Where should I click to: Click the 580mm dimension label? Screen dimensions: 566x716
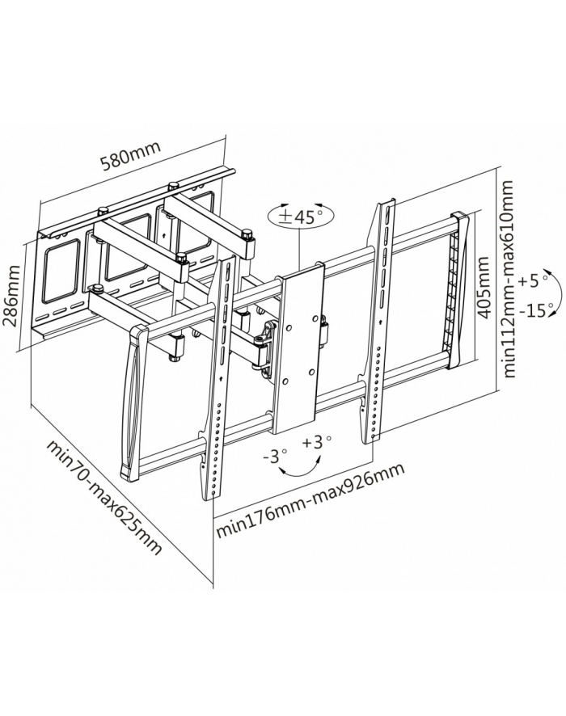(131, 156)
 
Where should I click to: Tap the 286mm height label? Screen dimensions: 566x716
(12, 296)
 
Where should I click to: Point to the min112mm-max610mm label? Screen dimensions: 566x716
(509, 279)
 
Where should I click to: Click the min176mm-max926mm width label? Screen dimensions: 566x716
(310, 501)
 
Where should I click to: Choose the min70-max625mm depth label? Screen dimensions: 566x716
(104, 497)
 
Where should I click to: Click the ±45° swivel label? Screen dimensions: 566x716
(301, 217)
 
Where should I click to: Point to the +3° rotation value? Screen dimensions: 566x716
(317, 442)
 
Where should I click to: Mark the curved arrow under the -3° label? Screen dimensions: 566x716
(300, 469)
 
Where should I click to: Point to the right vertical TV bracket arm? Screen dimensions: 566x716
(378, 321)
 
